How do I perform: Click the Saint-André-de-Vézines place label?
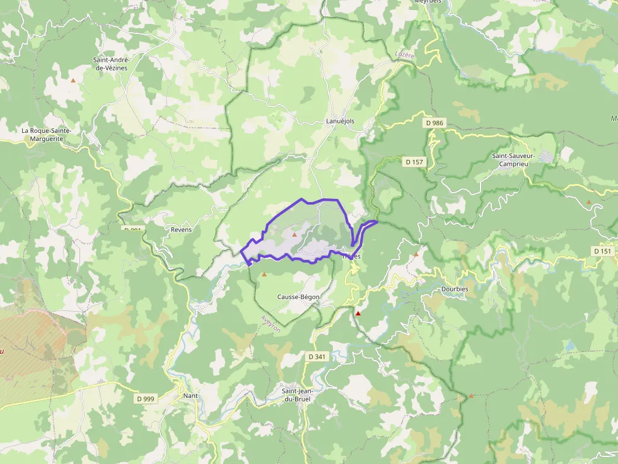110,64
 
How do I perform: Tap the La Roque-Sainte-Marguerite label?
47,134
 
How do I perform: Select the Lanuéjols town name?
341,121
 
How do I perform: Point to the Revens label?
181,230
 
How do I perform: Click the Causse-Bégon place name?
298,297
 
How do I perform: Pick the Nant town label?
190,396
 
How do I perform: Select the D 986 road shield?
434,123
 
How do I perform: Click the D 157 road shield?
414,162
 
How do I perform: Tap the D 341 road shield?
317,356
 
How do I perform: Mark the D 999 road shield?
146,399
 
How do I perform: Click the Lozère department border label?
404,55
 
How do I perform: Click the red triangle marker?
358,313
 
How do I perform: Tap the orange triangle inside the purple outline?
294,234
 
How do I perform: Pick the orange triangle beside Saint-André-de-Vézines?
73,81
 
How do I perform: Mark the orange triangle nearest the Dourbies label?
416,254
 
